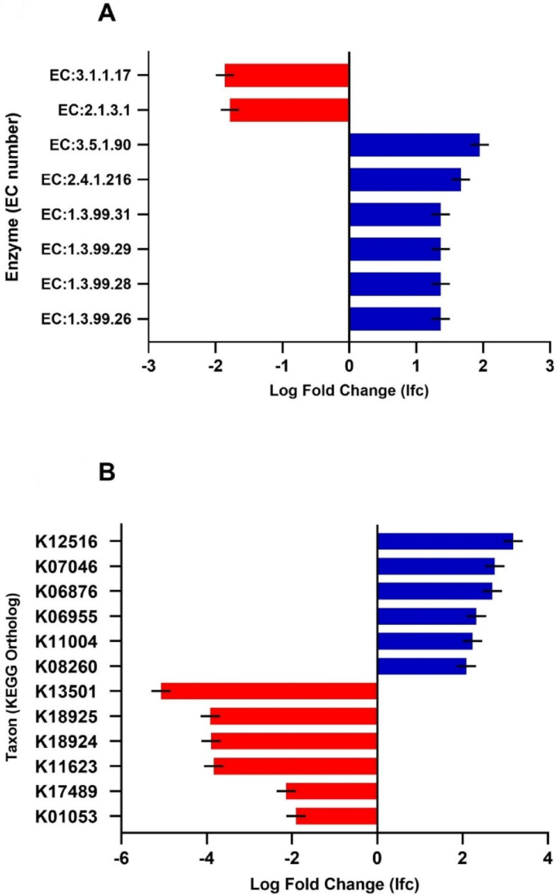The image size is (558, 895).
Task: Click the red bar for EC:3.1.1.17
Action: [287, 75]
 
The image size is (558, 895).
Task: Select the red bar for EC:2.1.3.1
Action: [289, 110]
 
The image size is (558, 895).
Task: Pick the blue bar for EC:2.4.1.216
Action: [405, 180]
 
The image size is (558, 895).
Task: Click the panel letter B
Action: [108, 495]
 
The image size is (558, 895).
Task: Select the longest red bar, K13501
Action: [269, 692]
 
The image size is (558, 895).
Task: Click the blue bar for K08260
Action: [421, 666]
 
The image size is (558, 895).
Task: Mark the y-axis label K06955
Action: [68, 616]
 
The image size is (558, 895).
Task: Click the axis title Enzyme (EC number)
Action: [13, 198]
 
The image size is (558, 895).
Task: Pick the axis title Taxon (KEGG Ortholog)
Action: [13, 679]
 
